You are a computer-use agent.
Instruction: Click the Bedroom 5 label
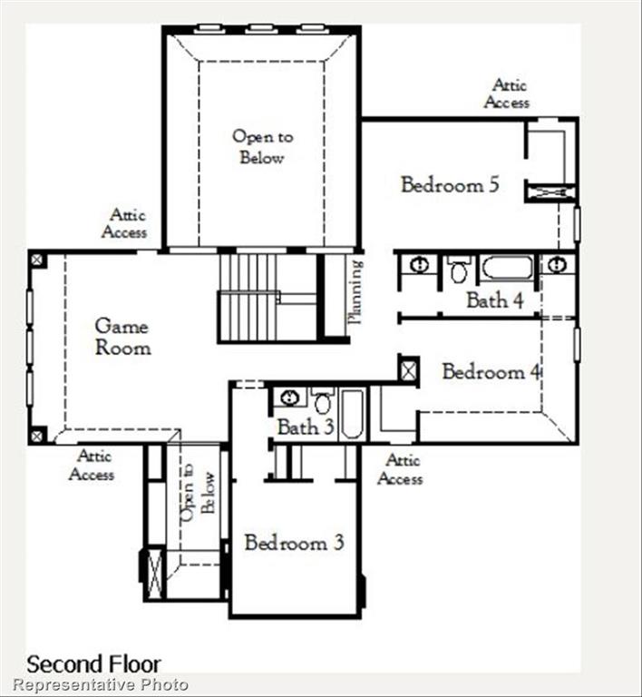click(450, 185)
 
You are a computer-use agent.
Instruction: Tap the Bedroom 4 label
click(491, 372)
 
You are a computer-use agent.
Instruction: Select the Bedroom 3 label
click(294, 544)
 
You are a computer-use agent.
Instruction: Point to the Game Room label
click(122, 336)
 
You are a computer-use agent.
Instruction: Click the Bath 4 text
click(494, 300)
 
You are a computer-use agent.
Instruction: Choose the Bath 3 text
click(305, 427)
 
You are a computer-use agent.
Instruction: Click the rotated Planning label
click(355, 292)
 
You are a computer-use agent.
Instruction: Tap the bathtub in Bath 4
click(506, 268)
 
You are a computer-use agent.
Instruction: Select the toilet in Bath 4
click(459, 270)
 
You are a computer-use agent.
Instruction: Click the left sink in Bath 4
click(419, 265)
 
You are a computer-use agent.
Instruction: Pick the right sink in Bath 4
click(557, 265)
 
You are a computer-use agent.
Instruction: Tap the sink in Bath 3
click(289, 398)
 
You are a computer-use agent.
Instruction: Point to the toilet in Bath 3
click(323, 400)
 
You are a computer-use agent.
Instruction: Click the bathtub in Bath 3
click(352, 414)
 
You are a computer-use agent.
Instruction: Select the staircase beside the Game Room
click(248, 297)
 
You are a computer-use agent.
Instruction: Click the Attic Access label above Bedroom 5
click(507, 93)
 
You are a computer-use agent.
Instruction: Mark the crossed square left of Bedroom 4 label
click(408, 369)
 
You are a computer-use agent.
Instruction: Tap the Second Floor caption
click(93, 663)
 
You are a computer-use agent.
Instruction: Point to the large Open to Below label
click(262, 147)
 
